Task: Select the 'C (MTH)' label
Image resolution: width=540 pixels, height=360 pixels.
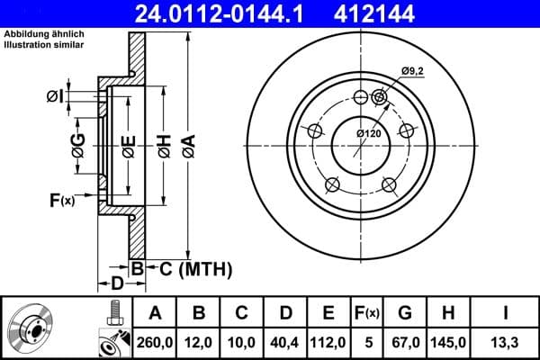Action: click(x=190, y=268)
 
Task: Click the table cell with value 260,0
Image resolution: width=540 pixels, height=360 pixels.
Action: click(x=155, y=341)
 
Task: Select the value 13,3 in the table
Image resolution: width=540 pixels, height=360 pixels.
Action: click(x=507, y=341)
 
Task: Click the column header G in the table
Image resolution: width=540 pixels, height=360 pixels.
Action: click(x=405, y=313)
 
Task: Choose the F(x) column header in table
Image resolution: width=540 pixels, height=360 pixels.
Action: click(x=368, y=313)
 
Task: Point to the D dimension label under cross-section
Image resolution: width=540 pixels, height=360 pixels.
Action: click(x=116, y=284)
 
